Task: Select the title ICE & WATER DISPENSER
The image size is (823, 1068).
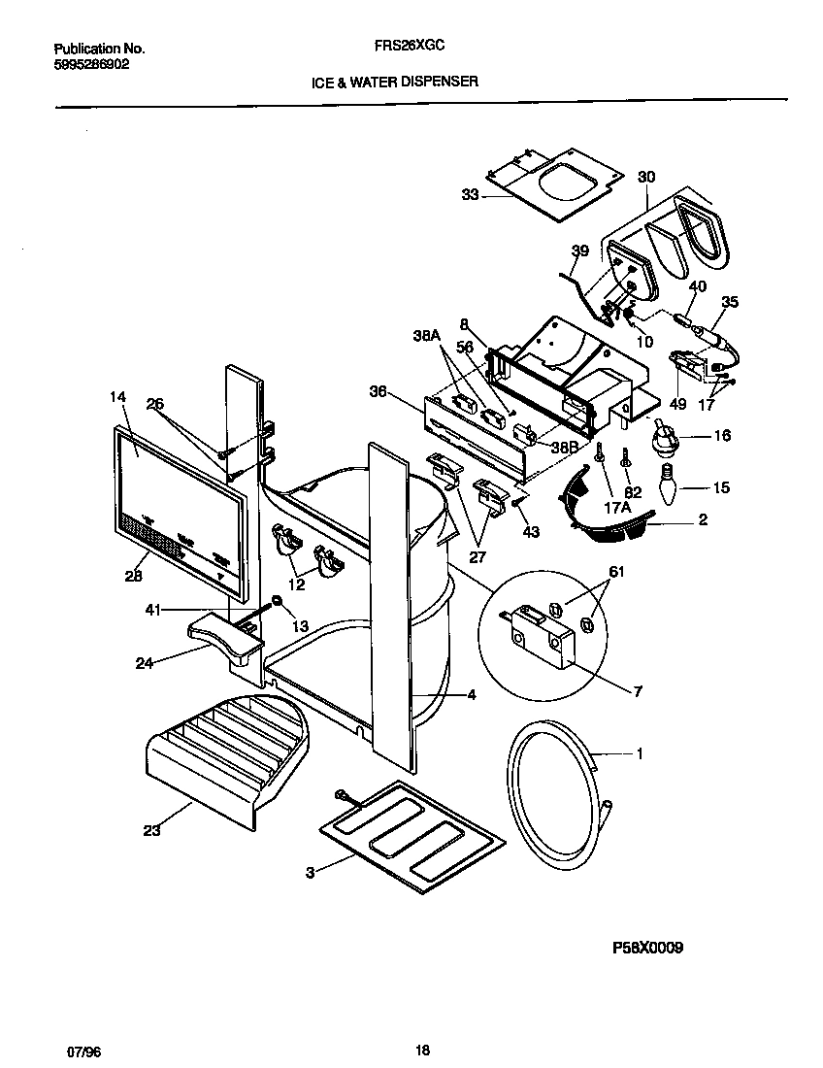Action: coord(394,83)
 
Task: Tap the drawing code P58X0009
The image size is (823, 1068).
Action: coord(648,949)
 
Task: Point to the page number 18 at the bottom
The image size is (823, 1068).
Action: coord(421,1049)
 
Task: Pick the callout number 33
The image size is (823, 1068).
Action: coord(471,194)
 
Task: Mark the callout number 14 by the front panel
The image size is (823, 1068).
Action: coord(118,397)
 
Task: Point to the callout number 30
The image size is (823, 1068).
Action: coord(646,177)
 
